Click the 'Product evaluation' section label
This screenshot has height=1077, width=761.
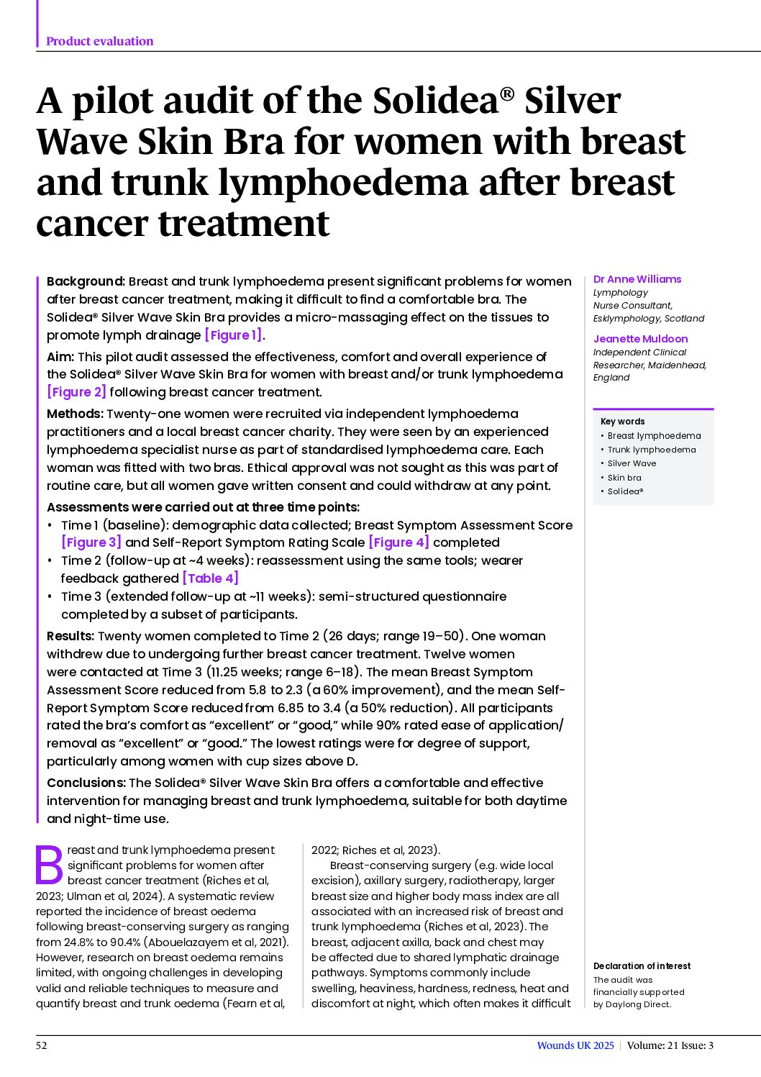(99, 41)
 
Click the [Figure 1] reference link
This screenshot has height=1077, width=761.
(233, 335)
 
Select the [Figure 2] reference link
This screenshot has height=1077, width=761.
(76, 392)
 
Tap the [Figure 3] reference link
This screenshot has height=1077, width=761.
(91, 542)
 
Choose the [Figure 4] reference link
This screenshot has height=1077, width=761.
(398, 542)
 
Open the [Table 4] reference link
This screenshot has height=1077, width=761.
(210, 578)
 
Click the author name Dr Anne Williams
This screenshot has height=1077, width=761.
(637, 279)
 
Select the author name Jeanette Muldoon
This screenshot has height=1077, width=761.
(640, 339)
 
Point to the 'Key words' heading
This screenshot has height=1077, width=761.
(622, 422)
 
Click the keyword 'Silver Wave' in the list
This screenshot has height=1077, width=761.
(632, 463)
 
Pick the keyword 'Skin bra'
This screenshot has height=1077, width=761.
(624, 478)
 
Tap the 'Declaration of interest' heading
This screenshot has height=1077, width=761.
(642, 966)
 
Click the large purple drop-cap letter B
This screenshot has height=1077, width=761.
(50, 865)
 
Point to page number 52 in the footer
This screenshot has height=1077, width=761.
(42, 1045)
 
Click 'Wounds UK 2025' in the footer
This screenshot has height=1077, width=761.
(575, 1045)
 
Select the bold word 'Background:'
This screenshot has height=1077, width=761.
(86, 281)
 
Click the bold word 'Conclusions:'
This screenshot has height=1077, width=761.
(86, 783)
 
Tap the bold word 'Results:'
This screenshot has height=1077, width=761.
(70, 636)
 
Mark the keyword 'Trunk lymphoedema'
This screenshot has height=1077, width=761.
(652, 450)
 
